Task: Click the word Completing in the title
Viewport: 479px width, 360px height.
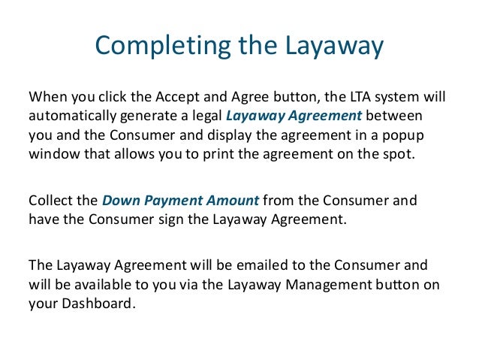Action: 155,46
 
